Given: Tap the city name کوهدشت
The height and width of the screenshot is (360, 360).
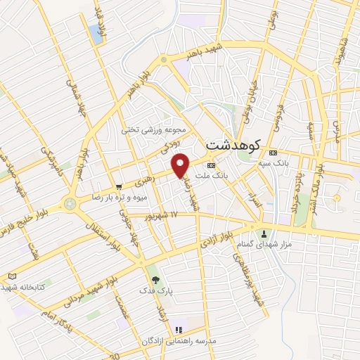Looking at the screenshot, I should [x=233, y=145].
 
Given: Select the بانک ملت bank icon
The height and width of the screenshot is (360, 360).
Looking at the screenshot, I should [x=210, y=165].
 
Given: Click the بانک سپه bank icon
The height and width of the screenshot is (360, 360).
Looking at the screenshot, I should [x=274, y=153].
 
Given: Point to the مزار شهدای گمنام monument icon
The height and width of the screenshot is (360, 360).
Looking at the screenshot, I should [x=264, y=233].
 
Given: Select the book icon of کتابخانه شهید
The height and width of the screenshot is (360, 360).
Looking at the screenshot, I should [x=11, y=276].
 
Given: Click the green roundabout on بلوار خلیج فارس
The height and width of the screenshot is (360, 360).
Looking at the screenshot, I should [x=69, y=204].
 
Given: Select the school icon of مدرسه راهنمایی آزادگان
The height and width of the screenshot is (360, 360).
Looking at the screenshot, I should [x=179, y=329].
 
